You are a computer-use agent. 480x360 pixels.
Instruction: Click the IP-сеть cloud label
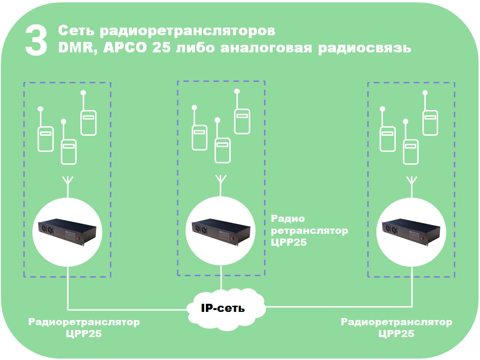coord(223,308)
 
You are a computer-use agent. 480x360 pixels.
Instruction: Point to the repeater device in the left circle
coord(69,230)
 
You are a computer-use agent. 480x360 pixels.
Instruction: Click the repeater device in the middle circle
coord(221,230)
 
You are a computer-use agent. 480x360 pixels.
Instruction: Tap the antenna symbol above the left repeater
coord(69,184)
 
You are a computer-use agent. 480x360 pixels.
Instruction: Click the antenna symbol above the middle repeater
coord(221,181)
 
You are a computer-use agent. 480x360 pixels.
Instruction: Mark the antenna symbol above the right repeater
coord(411,181)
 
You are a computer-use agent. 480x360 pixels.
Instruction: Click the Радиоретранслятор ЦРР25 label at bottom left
coord(84,328)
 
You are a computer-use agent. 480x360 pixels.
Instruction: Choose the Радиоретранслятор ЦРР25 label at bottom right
coord(396,328)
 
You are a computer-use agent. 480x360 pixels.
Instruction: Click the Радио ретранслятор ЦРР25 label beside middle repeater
coord(309,230)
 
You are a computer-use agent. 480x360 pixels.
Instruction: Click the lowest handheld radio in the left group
coord(69,151)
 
